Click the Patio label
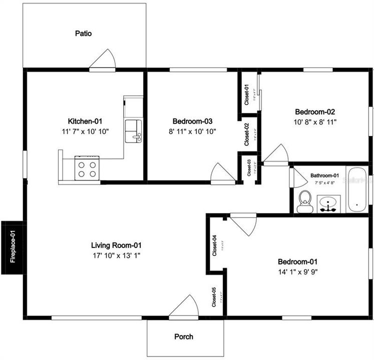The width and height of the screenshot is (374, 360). [x=83, y=33]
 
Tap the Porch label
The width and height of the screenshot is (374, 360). [x=183, y=336]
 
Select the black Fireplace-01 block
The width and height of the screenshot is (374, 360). [x=12, y=247]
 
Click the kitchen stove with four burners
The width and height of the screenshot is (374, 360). [x=87, y=168]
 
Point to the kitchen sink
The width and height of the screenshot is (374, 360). [x=133, y=131]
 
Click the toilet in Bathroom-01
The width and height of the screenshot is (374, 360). [x=303, y=203]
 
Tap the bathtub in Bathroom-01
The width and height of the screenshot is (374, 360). [x=356, y=190]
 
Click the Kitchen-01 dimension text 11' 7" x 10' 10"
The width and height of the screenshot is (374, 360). [x=89, y=131]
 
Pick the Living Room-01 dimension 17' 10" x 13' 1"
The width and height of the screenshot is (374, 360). [x=116, y=255]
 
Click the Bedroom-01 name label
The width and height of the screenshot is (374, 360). [x=297, y=261]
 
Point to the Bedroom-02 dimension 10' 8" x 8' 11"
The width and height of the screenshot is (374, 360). [x=315, y=121]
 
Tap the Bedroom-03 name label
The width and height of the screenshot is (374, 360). [x=193, y=121]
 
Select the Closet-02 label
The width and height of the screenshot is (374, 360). [x=247, y=134]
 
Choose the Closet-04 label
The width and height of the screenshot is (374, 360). [x=214, y=246]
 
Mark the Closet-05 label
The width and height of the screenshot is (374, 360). [x=214, y=297]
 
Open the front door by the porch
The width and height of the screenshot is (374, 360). [x=184, y=306]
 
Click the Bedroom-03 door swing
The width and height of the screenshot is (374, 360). [x=222, y=173]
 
